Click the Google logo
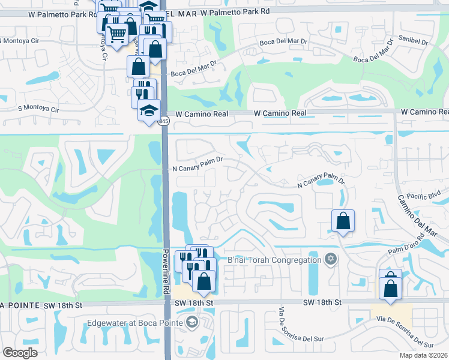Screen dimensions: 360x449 tap(20, 353)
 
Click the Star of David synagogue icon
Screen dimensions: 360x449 tap(329, 259)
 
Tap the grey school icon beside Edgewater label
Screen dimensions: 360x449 tap(191, 322)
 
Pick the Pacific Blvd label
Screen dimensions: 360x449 tap(424, 195)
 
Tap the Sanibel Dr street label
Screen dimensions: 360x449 tap(413, 42)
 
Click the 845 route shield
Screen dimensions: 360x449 tap(164, 121)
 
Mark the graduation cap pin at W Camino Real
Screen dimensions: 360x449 tap(149, 111)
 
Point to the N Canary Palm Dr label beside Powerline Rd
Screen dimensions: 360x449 tap(198, 160)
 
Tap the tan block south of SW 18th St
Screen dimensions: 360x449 tap(391, 311)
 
